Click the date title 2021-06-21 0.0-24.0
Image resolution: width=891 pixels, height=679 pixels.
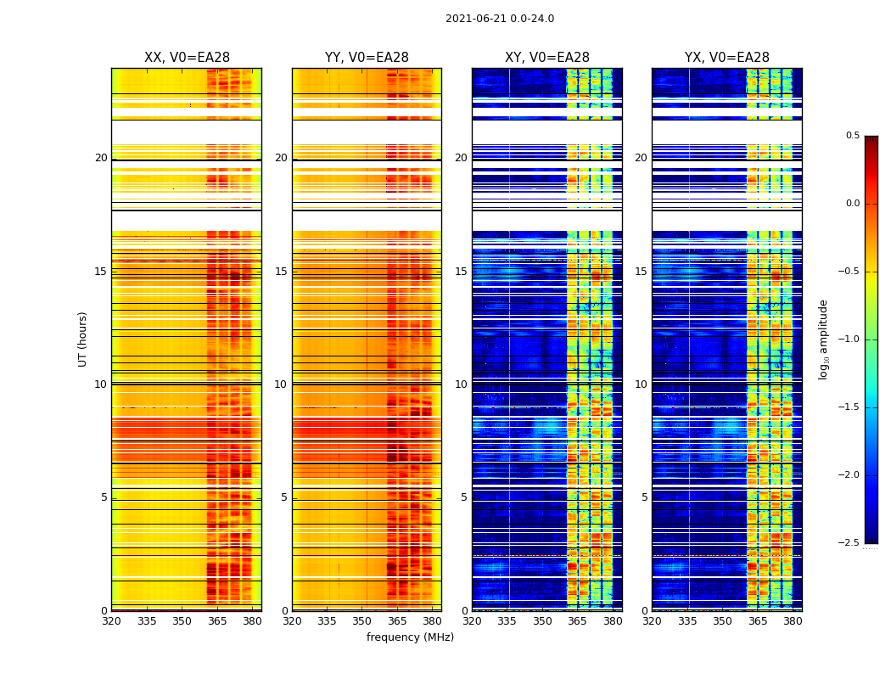499,19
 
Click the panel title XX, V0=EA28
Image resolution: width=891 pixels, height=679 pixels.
187,58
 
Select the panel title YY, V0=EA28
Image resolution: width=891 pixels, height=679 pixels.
367,58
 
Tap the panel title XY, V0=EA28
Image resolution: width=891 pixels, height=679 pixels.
546,58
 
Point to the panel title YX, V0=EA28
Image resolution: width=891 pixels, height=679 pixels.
726,58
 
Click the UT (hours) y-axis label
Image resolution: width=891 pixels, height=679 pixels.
83,339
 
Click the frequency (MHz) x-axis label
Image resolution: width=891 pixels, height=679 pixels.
410,637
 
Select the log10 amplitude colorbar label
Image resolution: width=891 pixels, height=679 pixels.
823,339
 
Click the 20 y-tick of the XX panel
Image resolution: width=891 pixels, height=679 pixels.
101,158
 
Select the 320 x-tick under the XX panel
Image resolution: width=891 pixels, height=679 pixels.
111,620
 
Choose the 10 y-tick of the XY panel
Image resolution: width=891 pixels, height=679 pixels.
461,384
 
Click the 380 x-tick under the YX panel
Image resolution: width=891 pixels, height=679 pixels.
793,620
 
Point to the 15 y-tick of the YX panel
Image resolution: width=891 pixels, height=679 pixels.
641,272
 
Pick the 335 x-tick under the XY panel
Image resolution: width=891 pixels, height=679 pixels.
507,620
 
